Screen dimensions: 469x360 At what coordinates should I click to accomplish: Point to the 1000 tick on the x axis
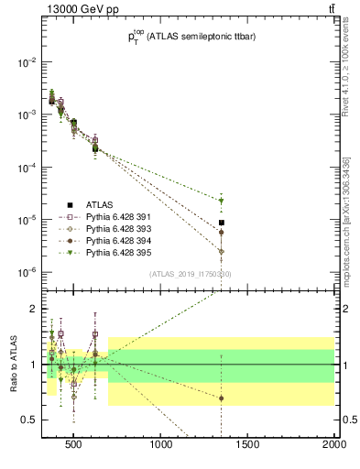click(162, 446)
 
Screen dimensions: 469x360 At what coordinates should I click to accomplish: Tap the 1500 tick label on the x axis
click(248, 446)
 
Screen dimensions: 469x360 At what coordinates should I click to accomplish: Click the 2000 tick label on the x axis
click(334, 446)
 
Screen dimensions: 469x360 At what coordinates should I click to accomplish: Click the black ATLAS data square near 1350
click(222, 223)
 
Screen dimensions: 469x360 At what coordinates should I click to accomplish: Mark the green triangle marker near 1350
click(222, 201)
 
